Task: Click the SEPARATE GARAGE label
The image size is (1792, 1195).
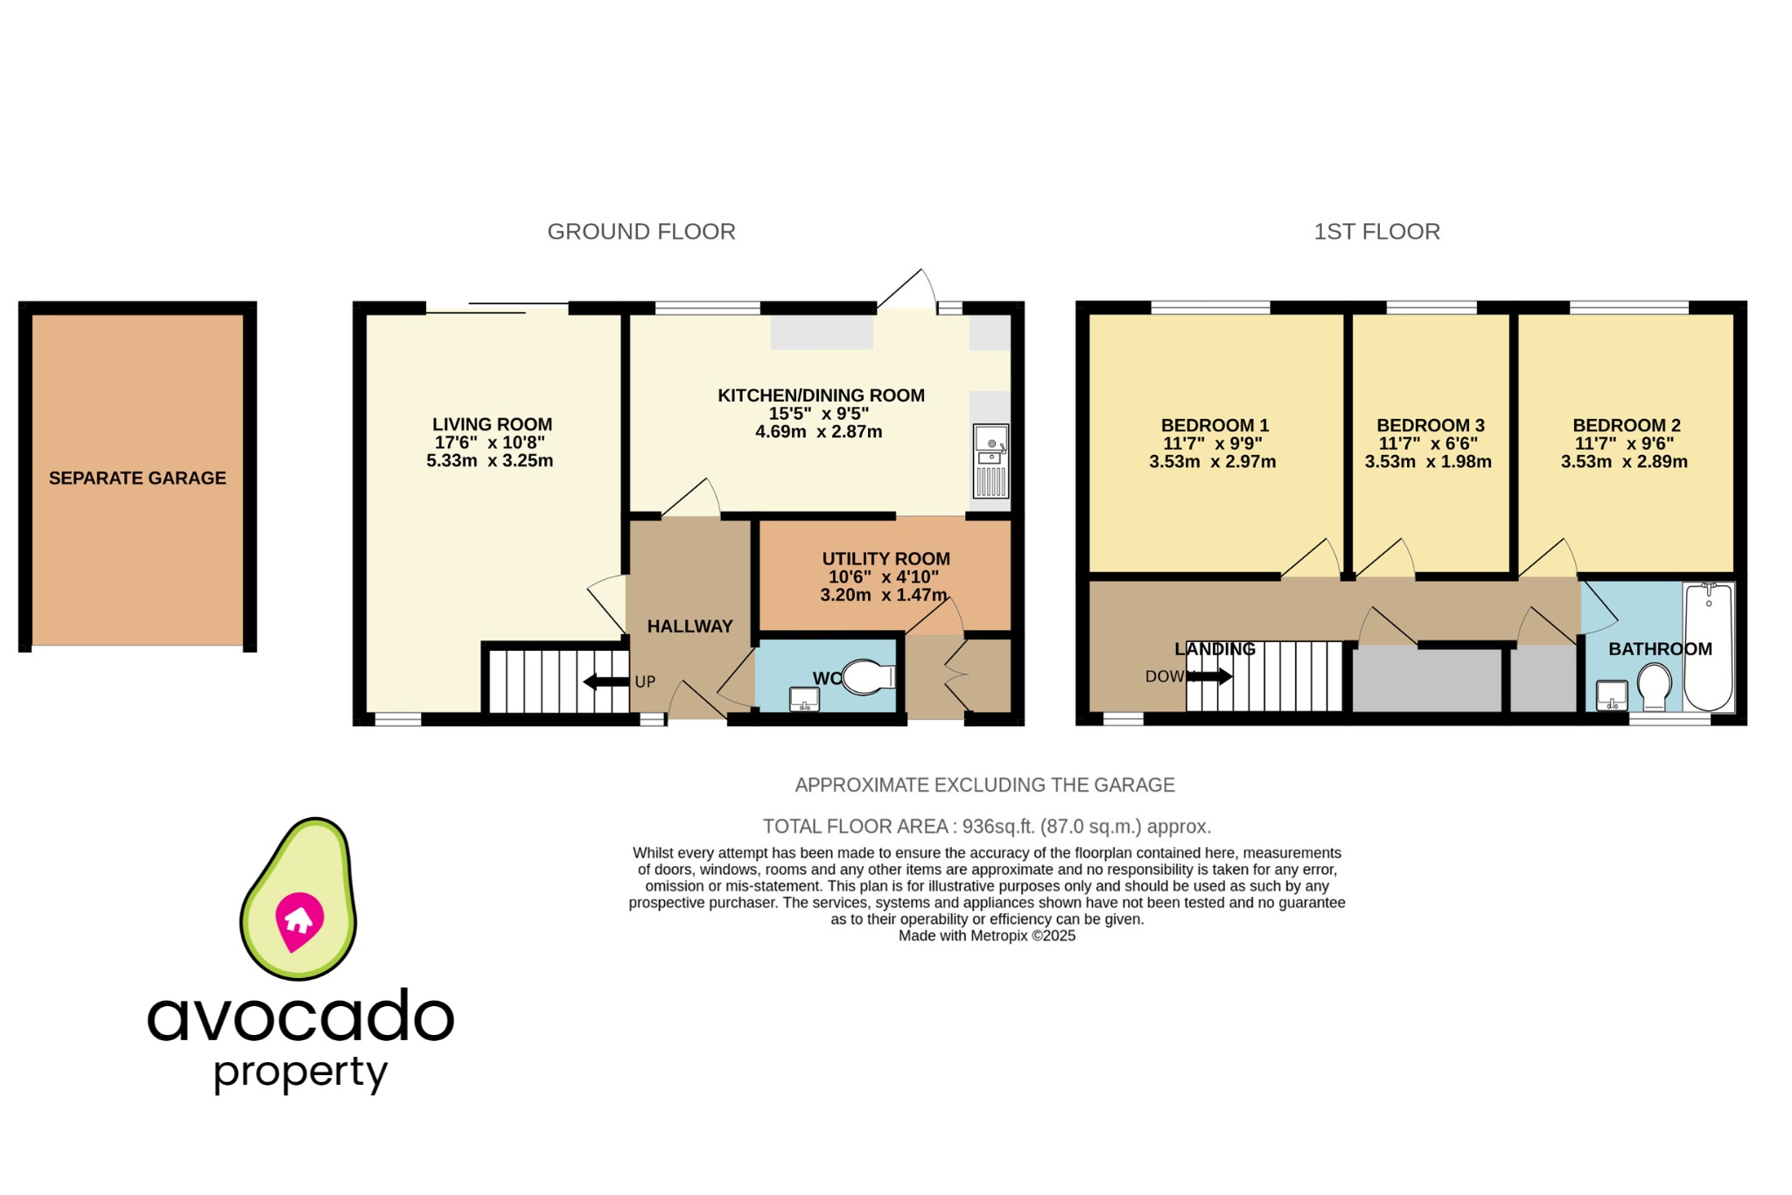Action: pyautogui.click(x=137, y=479)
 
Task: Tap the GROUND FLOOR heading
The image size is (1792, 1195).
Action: pyautogui.click(x=641, y=232)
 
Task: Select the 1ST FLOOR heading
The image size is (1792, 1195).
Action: pyautogui.click(x=1376, y=232)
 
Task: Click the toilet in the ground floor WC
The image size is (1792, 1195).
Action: pyautogui.click(x=866, y=676)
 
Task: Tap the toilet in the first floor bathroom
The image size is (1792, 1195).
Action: pyautogui.click(x=1654, y=686)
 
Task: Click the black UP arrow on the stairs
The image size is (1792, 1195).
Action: pyautogui.click(x=605, y=681)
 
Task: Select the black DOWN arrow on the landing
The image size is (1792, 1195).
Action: pyautogui.click(x=1211, y=676)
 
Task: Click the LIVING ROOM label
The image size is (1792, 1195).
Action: pyautogui.click(x=492, y=425)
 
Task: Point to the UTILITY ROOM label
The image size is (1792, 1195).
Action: pyautogui.click(x=885, y=559)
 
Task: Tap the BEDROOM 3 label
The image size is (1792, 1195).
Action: pyautogui.click(x=1431, y=426)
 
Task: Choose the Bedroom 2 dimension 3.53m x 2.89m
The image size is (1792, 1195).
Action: pyautogui.click(x=1624, y=462)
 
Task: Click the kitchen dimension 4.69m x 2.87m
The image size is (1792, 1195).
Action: pyautogui.click(x=818, y=432)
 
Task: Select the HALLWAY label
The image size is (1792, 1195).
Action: pyautogui.click(x=689, y=626)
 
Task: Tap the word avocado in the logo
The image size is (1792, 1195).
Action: pyautogui.click(x=300, y=1017)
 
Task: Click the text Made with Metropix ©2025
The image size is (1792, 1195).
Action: pyautogui.click(x=987, y=936)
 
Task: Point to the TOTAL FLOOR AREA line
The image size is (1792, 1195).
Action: pyautogui.click(x=987, y=827)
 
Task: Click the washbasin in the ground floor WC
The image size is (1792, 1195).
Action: pyautogui.click(x=804, y=698)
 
